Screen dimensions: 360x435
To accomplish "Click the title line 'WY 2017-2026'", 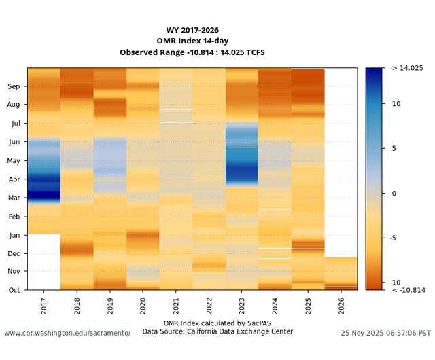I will [192, 30].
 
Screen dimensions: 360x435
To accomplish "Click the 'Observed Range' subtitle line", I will [192, 52].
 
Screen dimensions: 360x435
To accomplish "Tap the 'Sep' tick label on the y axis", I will [14, 86].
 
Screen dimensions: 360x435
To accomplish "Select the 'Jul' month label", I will [15, 124].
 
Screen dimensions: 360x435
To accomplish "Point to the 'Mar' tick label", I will [14, 198].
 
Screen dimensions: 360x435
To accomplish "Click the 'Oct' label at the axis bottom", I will [14, 290].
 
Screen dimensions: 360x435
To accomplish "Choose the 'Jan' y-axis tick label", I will [14, 235].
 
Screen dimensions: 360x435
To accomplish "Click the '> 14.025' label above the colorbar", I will [408, 68].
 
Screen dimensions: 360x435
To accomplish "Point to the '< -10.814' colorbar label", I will [409, 290].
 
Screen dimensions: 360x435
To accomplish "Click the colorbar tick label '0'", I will [395, 194].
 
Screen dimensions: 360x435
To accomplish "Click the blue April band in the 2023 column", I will [242, 173].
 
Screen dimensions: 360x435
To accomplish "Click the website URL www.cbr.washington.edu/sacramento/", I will [67, 334].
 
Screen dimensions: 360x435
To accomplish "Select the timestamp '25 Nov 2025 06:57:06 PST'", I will [385, 334].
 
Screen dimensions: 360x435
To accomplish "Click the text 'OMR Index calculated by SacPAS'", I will [217, 323].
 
